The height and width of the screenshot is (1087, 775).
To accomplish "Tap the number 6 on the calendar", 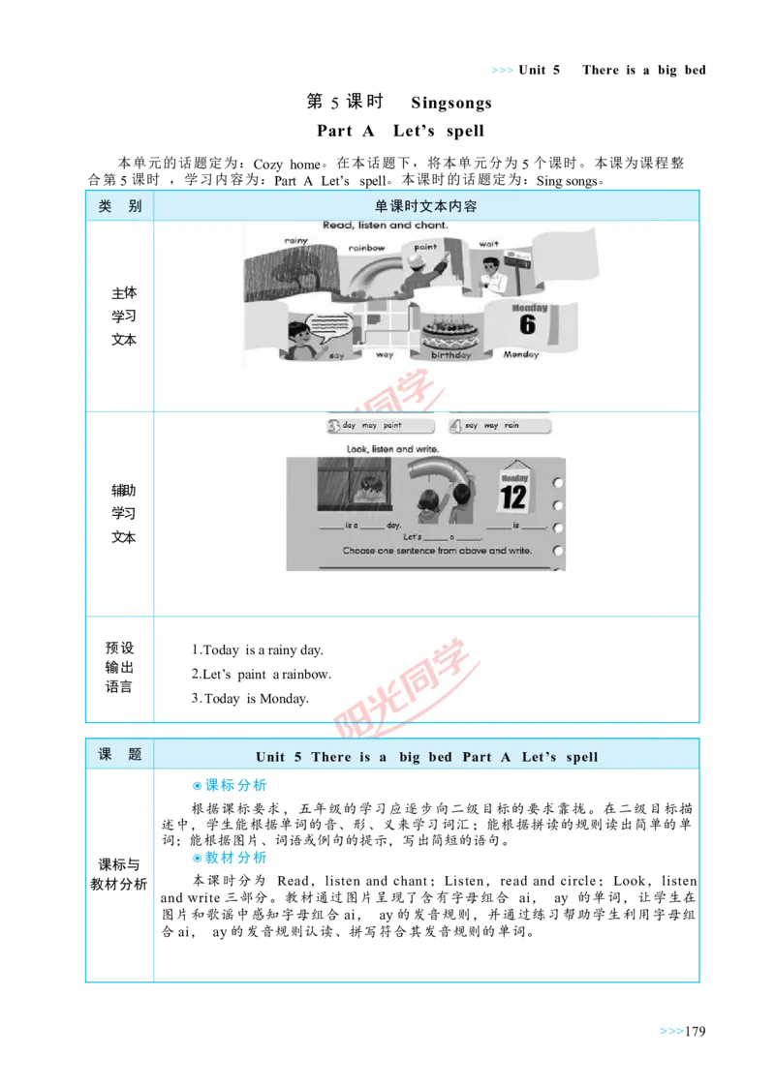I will (527, 324).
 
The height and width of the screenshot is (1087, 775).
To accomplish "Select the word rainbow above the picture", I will (367, 248).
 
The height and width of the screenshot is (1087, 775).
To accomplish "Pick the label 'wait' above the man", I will (489, 244).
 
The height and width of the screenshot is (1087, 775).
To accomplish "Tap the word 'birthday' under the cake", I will (450, 355).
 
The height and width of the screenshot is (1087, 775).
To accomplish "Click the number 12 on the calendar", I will (513, 498).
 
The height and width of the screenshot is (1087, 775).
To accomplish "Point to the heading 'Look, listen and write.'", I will (392, 449).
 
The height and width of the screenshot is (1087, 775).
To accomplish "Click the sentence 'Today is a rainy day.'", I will (257, 650).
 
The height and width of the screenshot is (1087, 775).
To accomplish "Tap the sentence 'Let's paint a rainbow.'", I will (261, 675).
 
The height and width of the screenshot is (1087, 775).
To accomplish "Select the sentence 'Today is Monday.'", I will (250, 699).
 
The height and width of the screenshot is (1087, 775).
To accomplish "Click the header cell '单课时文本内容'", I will (426, 206).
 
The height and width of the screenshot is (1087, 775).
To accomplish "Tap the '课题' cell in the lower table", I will (120, 755).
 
